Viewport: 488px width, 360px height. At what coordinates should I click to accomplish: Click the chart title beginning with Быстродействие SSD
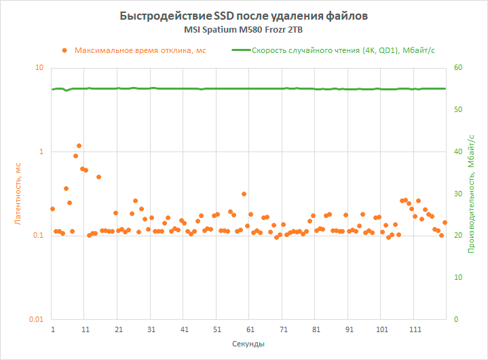point(244,16)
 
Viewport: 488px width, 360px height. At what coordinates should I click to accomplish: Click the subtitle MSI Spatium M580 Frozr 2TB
point(244,31)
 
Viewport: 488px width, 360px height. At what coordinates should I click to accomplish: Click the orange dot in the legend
point(64,50)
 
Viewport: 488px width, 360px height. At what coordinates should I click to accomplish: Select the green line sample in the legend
point(240,50)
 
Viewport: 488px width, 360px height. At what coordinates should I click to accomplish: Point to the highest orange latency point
point(79,145)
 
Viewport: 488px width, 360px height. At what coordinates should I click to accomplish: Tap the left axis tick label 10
point(39,68)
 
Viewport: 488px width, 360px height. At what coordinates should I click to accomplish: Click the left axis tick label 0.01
point(35,319)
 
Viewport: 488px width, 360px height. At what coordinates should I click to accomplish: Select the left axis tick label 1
point(41,151)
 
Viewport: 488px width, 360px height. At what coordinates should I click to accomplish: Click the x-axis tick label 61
point(250,329)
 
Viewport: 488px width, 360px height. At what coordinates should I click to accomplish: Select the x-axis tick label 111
point(415,329)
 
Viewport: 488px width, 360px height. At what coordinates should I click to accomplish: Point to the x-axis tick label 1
point(53,329)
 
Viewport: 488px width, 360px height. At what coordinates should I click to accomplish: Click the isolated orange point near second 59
point(244,194)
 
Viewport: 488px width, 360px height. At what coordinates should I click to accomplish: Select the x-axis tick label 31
point(151,329)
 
